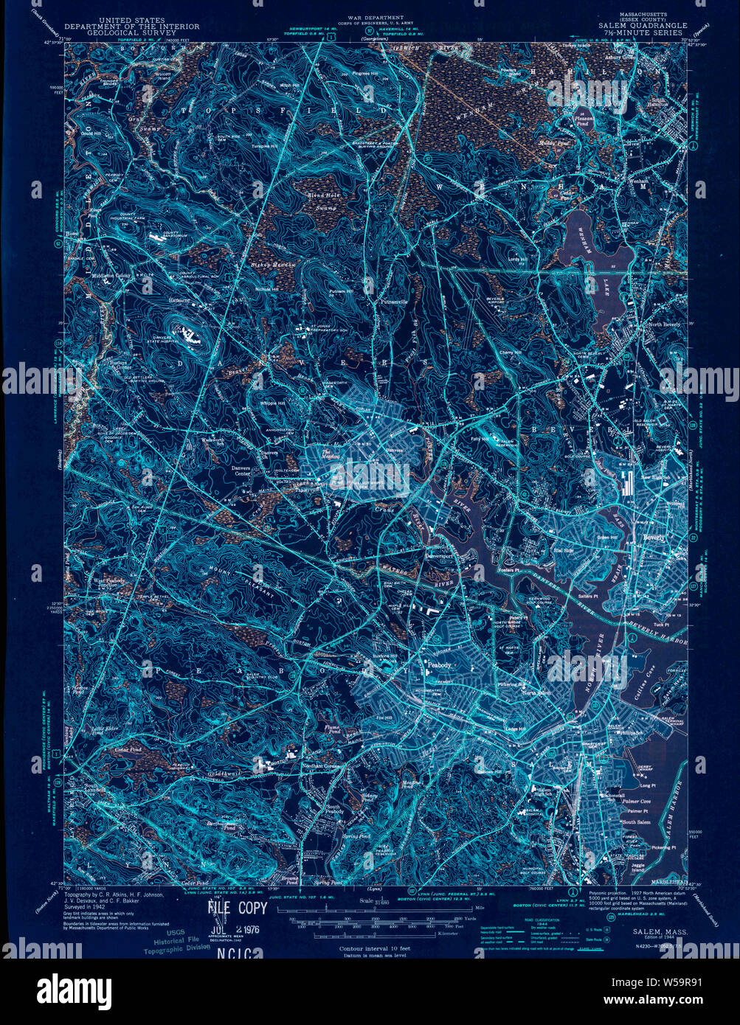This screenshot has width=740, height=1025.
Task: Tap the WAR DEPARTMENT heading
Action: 376,17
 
